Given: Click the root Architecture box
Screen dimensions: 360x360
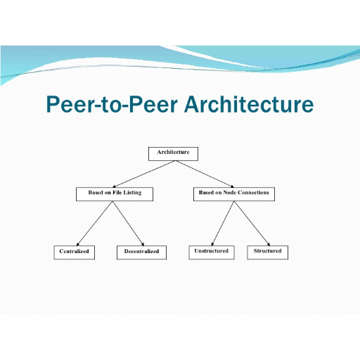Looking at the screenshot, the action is (173, 154).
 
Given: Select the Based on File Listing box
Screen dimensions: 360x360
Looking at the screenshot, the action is (115, 194).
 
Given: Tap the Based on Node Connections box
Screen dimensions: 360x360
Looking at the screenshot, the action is (234, 194).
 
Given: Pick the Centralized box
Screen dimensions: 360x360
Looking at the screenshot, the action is (75, 252).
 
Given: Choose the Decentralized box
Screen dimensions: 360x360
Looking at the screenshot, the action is (141, 252).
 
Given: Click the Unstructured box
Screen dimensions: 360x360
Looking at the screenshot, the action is (212, 252).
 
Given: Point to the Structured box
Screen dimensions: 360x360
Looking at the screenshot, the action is (267, 252).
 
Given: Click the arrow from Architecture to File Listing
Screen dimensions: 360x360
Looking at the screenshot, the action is (144, 174).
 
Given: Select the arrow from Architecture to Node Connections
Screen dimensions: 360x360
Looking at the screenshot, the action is (205, 174).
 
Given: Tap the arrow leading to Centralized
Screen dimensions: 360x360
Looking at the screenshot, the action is (95, 224).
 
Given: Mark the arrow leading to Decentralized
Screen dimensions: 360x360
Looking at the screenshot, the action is (129, 224).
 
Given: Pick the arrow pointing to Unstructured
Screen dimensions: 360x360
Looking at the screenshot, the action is (223, 224).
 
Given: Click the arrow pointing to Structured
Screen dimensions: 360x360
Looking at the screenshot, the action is (252, 224).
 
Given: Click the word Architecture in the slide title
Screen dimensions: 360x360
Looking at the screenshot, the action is (249, 104).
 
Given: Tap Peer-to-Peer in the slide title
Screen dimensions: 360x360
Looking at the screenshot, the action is (112, 104).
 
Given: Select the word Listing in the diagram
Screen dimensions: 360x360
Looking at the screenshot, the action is (132, 193).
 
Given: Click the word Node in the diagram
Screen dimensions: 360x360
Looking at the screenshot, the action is (229, 193).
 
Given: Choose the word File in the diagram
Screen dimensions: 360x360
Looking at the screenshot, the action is (117, 193).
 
